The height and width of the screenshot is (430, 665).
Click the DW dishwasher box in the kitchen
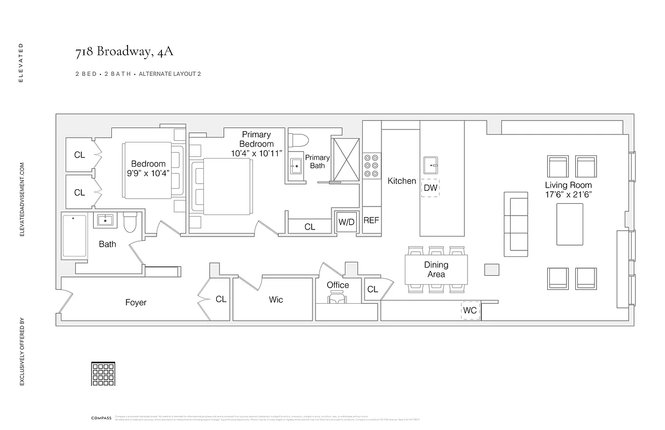tap(430, 188)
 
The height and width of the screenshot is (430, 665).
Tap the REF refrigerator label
tap(371, 220)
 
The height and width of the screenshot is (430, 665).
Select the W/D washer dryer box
tap(346, 221)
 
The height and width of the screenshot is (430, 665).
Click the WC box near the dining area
tap(470, 311)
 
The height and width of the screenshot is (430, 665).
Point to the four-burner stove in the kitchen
tap(371, 166)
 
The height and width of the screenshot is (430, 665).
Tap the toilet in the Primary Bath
tap(299, 140)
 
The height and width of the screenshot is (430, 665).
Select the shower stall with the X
tap(345, 159)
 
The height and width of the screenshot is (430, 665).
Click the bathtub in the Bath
tap(74, 236)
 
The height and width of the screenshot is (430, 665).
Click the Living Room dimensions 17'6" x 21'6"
tap(568, 195)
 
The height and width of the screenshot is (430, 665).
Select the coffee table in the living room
tap(569, 224)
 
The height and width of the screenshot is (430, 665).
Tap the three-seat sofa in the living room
tap(515, 224)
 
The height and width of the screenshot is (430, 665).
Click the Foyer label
tap(136, 303)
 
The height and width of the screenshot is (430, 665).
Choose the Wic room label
tap(275, 299)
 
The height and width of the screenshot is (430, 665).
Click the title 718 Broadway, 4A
tap(124, 52)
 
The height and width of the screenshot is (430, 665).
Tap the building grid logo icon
tap(103, 374)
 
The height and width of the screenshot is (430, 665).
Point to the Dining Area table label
tap(436, 269)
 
